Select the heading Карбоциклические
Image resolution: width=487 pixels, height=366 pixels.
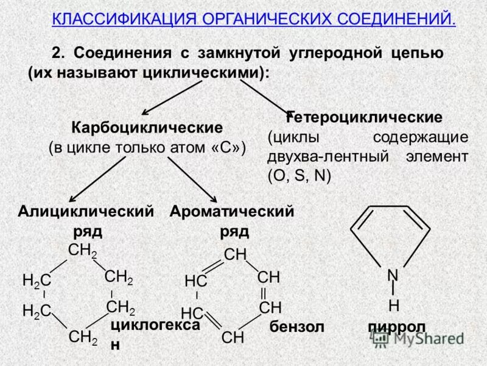(x=147, y=128)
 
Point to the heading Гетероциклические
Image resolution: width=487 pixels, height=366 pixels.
(x=365, y=117)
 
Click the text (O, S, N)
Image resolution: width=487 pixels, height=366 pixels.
(x=299, y=176)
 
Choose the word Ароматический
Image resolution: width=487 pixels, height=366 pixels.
(x=232, y=212)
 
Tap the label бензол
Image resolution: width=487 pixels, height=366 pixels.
(x=296, y=327)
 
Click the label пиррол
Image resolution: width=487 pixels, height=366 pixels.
(x=396, y=327)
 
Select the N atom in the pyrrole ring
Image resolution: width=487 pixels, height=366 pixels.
(x=393, y=276)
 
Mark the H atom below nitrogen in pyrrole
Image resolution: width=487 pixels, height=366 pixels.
(x=393, y=304)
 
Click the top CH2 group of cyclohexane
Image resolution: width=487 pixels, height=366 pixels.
(x=82, y=250)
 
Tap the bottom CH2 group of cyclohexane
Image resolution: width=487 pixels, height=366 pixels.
(x=83, y=336)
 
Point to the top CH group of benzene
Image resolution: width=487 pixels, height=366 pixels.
(x=235, y=254)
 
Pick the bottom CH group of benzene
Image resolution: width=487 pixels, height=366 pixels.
(x=233, y=336)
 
